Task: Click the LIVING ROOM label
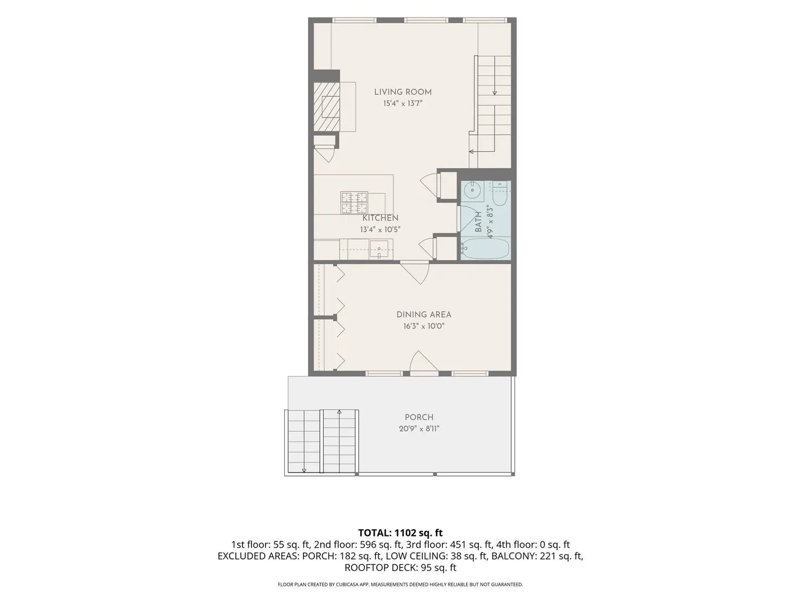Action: [x=403, y=92]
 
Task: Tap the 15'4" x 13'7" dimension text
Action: [x=403, y=104]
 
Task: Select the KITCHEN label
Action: [x=380, y=218]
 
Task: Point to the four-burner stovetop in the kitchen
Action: [x=354, y=203]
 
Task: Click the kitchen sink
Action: [x=379, y=249]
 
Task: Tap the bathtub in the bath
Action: [x=486, y=248]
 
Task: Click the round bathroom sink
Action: [x=473, y=190]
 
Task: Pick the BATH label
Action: [x=478, y=222]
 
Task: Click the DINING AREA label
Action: [x=424, y=314]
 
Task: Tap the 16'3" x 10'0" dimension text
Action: [x=424, y=326]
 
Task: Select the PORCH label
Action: [x=419, y=417]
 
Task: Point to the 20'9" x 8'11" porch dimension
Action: [x=419, y=428]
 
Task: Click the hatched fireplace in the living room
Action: [x=327, y=106]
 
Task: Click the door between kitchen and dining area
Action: [x=415, y=272]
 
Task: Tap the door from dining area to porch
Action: [x=424, y=363]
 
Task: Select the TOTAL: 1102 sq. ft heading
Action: [x=400, y=533]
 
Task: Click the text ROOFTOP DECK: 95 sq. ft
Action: [x=400, y=568]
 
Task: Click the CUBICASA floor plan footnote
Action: [x=400, y=584]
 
